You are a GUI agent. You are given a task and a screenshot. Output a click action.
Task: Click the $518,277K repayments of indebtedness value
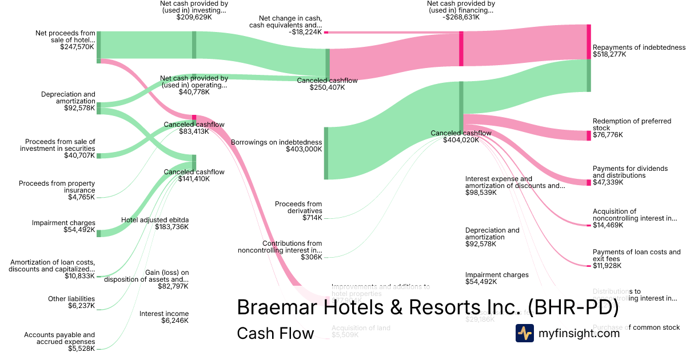tap(609, 55)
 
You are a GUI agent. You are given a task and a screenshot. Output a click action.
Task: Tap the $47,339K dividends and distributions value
tap(608, 182)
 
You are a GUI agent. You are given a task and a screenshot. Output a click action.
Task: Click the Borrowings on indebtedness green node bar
tap(326, 153)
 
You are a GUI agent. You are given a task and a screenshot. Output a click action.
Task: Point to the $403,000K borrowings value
tap(304, 149)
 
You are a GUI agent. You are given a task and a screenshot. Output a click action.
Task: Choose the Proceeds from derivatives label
tap(298, 207)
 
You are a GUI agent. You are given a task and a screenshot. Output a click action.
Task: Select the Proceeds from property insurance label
tap(57, 187)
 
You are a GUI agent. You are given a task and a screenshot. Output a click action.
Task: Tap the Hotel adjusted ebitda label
tap(155, 219)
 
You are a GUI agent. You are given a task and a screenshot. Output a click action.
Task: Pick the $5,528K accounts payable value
tap(81, 349)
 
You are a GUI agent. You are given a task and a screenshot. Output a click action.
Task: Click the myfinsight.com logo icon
tap(524, 333)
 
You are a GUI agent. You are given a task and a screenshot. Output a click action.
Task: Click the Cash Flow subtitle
tap(275, 333)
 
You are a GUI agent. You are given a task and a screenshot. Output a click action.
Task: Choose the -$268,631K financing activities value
tap(460, 17)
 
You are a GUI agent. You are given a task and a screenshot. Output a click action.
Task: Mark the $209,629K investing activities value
tap(193, 17)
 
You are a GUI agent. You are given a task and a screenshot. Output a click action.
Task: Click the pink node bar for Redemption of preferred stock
tap(589, 135)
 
